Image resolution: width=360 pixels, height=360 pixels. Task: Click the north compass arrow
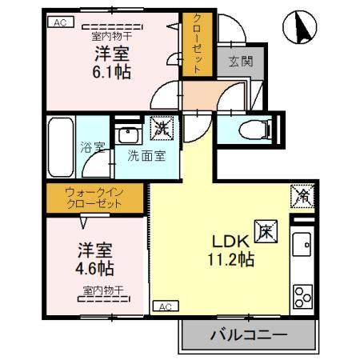pos(303,30)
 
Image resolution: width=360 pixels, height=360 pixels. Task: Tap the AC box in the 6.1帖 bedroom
pos(58,23)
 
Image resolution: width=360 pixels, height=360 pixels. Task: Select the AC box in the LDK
pos(163,306)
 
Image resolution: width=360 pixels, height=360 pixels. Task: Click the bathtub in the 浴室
pos(61,148)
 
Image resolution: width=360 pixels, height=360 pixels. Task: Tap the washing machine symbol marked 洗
pos(162,126)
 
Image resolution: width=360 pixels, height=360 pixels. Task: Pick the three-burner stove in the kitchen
pos(302,296)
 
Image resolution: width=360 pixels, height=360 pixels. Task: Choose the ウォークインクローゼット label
pos(94,198)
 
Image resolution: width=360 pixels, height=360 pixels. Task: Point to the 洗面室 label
pos(146,155)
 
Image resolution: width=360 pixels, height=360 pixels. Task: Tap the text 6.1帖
pos(110,71)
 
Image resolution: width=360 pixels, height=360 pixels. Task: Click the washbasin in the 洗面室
pos(128,134)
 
